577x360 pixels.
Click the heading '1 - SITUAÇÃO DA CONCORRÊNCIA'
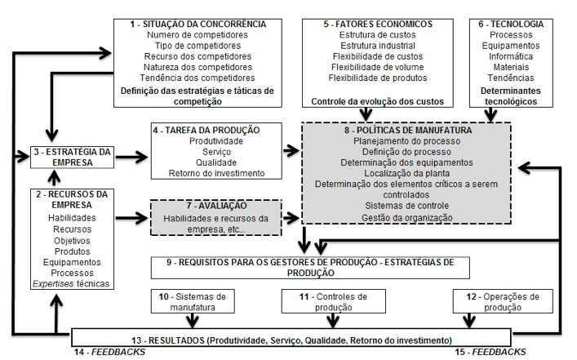coord(198,24)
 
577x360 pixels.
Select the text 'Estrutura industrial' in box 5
coord(378,46)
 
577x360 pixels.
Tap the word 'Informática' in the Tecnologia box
coord(511,56)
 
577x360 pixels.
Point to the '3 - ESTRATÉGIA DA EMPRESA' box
coord(72,158)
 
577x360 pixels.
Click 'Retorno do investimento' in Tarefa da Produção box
coord(216,173)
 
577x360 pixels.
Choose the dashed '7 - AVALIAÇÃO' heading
coord(216,206)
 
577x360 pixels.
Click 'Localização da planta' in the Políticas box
coord(406,173)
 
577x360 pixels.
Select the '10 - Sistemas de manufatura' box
coord(193,301)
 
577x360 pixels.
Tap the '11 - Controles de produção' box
coord(334,301)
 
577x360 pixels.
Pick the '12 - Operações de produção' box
coord(503,301)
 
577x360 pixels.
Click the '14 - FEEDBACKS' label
coord(109,352)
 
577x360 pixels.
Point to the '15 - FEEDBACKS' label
coord(490,352)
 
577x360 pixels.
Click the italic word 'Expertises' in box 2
coord(53,284)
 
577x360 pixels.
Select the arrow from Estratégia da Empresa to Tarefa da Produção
coord(131,158)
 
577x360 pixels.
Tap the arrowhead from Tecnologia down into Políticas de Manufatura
coord(490,117)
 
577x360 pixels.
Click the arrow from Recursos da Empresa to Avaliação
coord(131,218)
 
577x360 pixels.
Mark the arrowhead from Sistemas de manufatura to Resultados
coord(192,322)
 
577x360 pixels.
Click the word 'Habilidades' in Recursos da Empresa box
coord(72,218)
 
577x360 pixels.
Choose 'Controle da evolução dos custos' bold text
coord(378,101)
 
